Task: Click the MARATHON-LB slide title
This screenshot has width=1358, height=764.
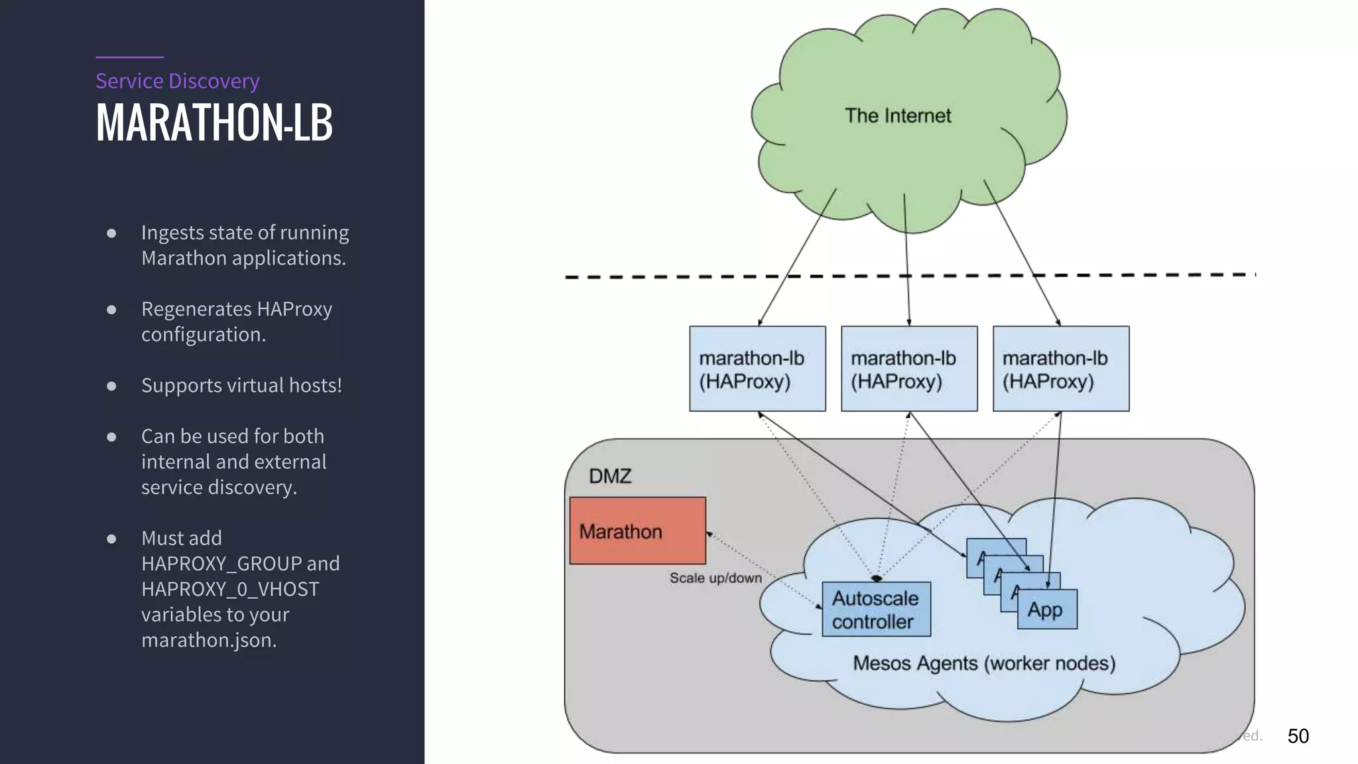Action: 214,123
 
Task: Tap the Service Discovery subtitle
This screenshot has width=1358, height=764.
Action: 177,81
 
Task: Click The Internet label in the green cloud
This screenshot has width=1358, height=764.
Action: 897,116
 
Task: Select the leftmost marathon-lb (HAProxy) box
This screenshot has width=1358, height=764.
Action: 757,369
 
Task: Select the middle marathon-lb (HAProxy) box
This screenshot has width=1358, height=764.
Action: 909,369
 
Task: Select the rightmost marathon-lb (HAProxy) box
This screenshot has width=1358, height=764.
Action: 1061,369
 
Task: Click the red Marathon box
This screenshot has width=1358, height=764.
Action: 637,531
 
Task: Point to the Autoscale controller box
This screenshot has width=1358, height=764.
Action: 876,609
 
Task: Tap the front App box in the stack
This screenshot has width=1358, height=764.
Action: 1047,609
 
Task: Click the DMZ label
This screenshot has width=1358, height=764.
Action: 610,476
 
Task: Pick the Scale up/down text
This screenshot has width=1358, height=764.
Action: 715,578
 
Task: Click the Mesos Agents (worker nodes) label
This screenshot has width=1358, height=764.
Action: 983,663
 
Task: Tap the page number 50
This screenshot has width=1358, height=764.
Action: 1298,736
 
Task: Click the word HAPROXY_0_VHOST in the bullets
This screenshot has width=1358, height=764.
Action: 230,589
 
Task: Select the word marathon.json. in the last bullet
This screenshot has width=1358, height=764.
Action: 209,640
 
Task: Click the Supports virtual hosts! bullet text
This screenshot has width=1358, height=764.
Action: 241,385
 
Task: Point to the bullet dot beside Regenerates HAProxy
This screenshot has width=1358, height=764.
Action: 111,310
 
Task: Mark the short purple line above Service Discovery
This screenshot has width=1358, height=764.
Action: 129,57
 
